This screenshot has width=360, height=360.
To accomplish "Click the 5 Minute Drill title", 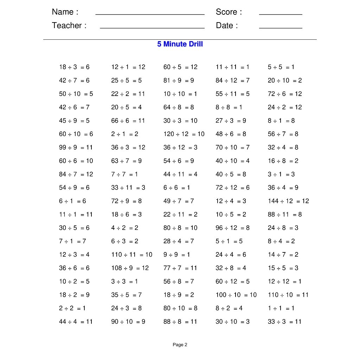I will coord(180,44).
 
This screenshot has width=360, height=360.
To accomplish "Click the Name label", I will coord(65,12).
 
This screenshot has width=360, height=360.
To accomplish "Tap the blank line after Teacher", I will coord(152,27).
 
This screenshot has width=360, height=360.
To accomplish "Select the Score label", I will coord(229,12).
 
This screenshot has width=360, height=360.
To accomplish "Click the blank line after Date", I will coord(281,27).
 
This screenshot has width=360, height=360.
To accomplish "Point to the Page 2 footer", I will coord(180,345).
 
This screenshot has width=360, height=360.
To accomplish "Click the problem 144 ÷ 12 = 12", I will coord(288,201).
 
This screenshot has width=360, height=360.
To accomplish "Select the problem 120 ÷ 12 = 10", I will coord(184,134).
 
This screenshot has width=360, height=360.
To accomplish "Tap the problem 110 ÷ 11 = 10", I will coord(132,255).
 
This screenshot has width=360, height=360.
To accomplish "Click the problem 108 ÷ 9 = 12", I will coord(130,268).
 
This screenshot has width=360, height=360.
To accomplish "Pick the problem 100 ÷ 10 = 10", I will coord(236,295).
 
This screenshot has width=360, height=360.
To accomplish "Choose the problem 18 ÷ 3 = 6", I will coord(74,67).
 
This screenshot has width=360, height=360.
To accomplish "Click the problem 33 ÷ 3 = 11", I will coord(284,322).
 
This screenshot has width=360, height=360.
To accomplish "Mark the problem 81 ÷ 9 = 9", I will coord(179,81).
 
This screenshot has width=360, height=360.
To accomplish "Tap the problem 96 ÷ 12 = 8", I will coord(233,228).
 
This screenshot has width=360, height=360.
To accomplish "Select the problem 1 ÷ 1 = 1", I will coord(281,308).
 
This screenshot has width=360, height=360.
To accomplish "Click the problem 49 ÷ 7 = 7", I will coord(179,201).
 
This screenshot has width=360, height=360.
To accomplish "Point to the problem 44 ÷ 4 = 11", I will coord(76,322).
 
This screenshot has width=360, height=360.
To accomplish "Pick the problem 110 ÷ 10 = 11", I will coord(288,295).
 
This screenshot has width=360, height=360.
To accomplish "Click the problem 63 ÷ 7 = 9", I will coord(127,161).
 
